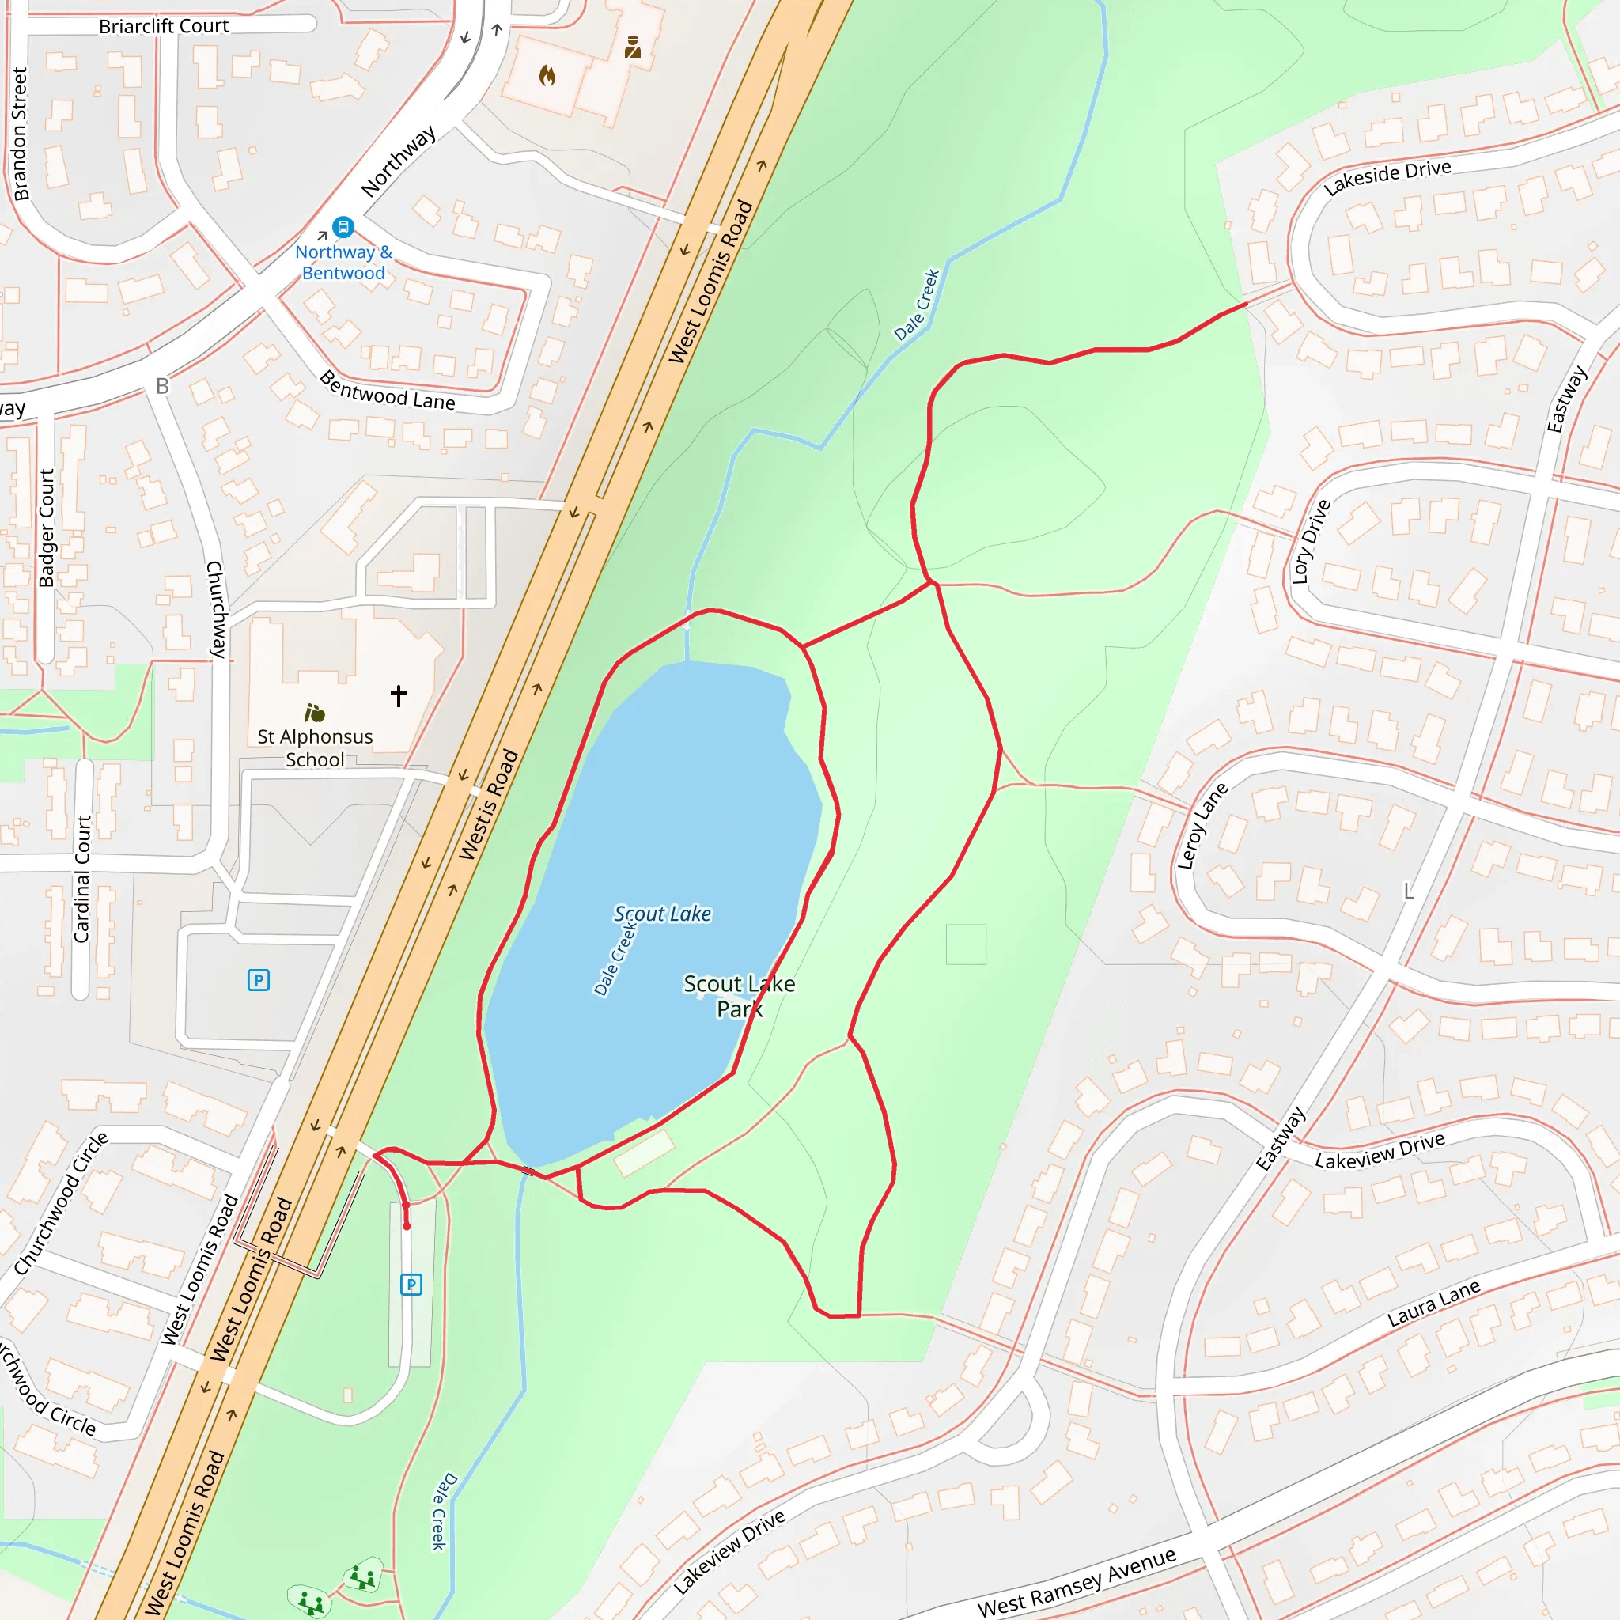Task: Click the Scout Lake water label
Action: tap(662, 913)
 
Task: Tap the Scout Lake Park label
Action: tap(739, 995)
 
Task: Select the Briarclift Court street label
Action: tap(164, 26)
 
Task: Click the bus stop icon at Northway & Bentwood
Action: tap(343, 226)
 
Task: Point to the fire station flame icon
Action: tap(547, 76)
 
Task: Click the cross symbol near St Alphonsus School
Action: tap(399, 695)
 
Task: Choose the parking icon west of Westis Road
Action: tap(258, 979)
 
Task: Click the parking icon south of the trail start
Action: tap(411, 1284)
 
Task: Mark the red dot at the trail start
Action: tap(407, 1226)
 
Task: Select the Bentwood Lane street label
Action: tap(388, 390)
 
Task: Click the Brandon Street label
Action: tap(19, 134)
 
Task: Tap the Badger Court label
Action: tap(46, 528)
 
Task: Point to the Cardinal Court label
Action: tap(82, 878)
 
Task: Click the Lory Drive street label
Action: tap(1311, 542)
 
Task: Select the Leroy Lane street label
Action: tap(1202, 826)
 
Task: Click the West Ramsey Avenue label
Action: tap(1077, 1581)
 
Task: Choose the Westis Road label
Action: tap(489, 804)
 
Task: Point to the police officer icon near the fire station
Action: tap(633, 47)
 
